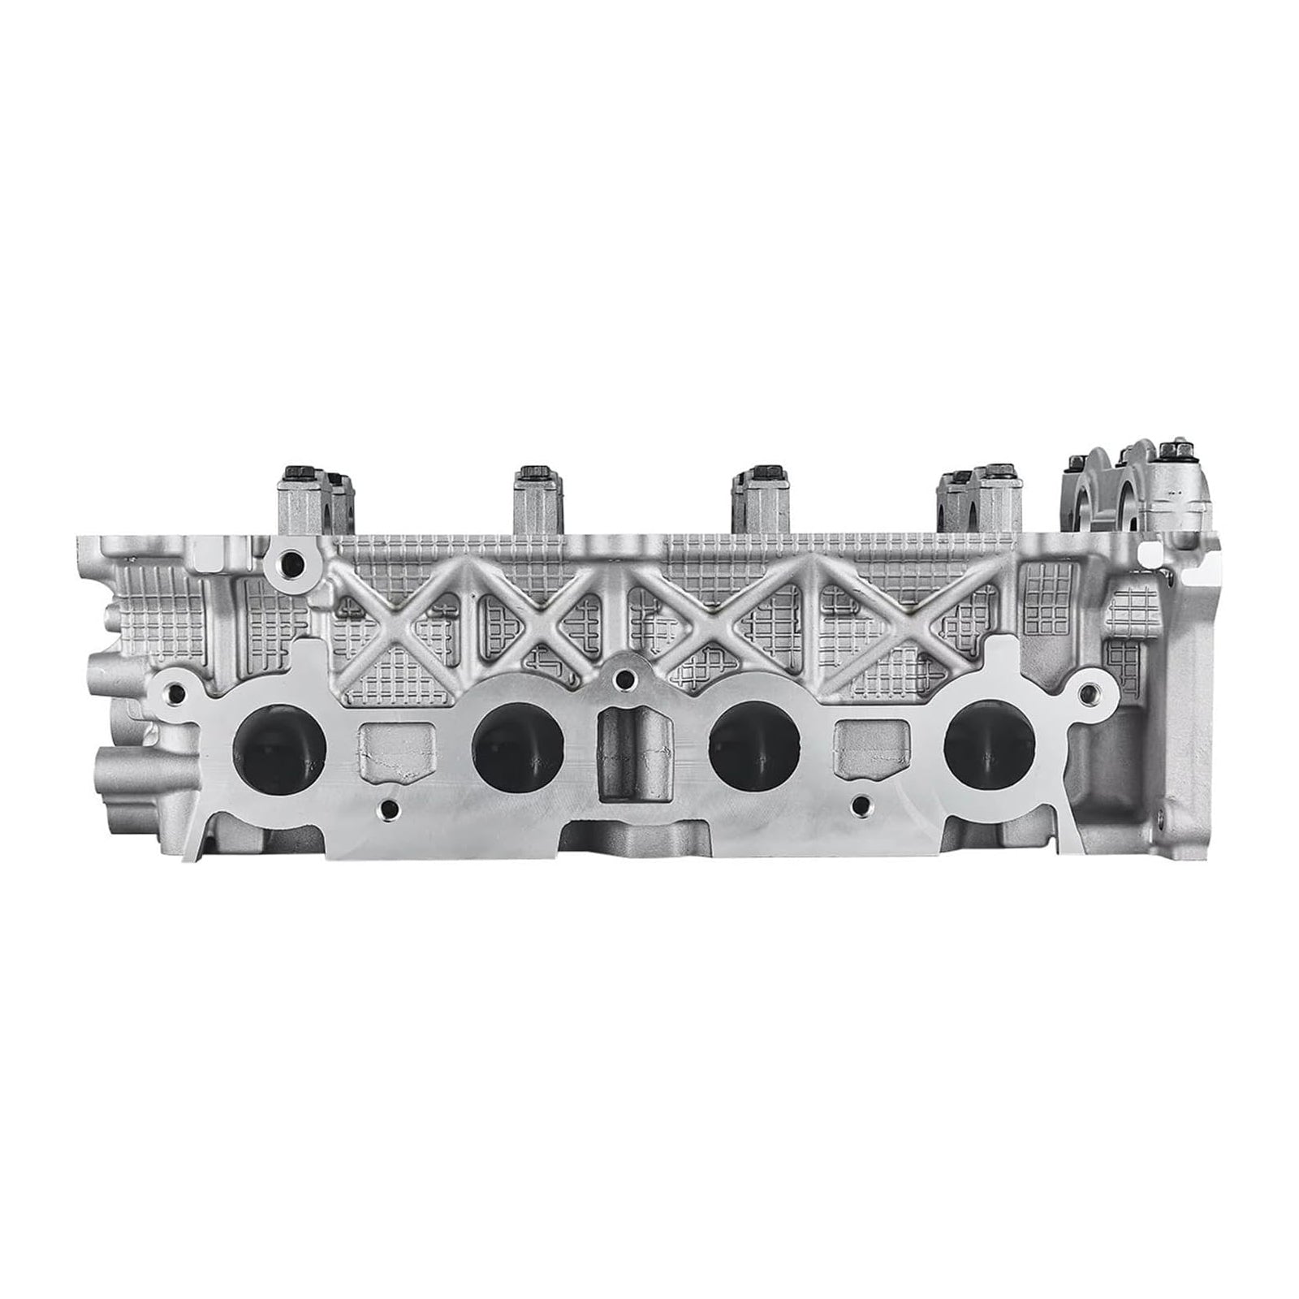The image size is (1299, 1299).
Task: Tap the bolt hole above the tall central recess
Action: (x=623, y=677)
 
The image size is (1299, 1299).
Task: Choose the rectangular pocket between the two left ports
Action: (x=396, y=752)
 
